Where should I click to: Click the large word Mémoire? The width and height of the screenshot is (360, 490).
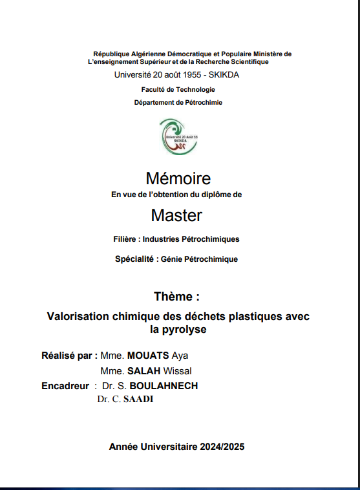(178, 178)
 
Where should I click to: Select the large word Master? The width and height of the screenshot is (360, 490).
(176, 215)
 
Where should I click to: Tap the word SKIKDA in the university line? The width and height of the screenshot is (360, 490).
(226, 74)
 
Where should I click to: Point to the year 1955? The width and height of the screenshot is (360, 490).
(188, 74)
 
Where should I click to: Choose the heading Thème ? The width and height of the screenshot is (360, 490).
(177, 297)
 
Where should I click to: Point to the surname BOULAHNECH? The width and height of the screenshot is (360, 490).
(164, 386)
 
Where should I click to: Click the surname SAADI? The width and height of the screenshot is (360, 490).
(138, 399)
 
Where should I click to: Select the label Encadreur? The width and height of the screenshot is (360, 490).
(65, 386)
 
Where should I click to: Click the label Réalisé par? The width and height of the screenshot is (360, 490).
(69, 356)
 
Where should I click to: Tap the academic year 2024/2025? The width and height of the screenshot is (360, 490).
(222, 447)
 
